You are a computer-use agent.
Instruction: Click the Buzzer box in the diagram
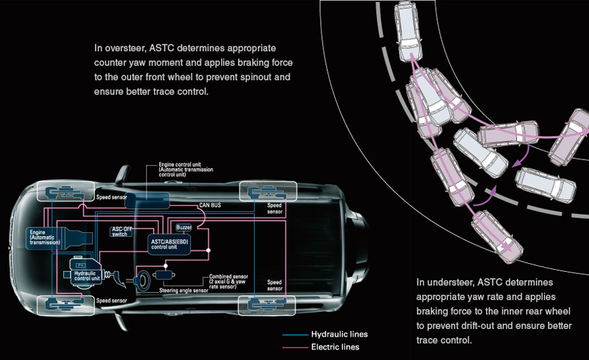point(184,228)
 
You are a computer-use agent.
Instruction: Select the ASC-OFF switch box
point(122,232)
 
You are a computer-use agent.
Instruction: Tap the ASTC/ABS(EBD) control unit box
point(171,244)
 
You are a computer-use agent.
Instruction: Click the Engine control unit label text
point(184,164)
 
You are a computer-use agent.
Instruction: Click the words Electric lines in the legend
point(335,347)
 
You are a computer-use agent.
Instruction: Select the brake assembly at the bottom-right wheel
point(266,305)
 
